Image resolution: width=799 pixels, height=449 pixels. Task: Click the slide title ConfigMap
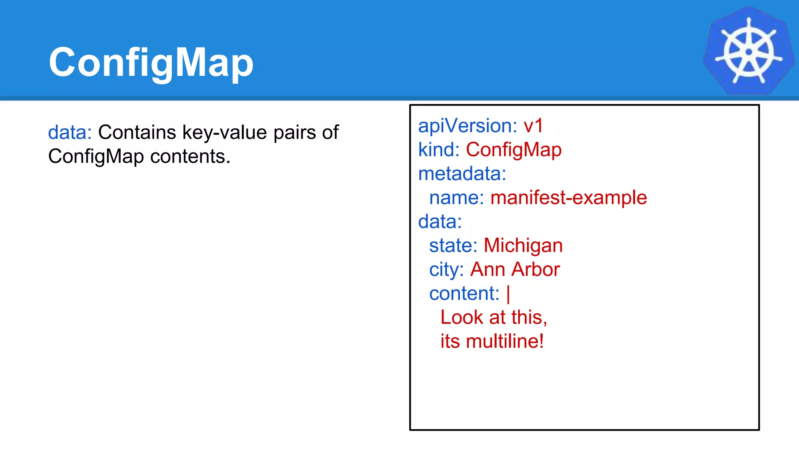click(151, 62)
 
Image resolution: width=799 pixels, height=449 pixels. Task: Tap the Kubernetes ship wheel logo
click(748, 51)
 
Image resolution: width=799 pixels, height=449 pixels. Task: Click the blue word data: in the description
click(70, 133)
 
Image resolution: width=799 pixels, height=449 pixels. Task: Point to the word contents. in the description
click(190, 157)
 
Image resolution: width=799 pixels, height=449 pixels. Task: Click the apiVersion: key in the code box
click(467, 126)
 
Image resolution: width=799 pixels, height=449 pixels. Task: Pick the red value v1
click(533, 126)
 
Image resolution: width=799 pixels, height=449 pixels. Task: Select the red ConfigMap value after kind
click(513, 150)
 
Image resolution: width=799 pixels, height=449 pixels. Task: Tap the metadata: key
click(462, 174)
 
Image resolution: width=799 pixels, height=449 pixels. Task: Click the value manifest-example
click(568, 198)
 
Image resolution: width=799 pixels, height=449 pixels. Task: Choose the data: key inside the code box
click(440, 222)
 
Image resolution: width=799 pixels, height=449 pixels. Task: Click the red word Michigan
click(523, 246)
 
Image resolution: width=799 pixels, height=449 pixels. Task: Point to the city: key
click(446, 270)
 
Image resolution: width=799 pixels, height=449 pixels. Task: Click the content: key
click(464, 293)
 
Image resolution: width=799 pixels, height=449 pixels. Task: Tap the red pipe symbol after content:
click(508, 294)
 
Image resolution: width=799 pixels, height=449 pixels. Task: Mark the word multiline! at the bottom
click(505, 341)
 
